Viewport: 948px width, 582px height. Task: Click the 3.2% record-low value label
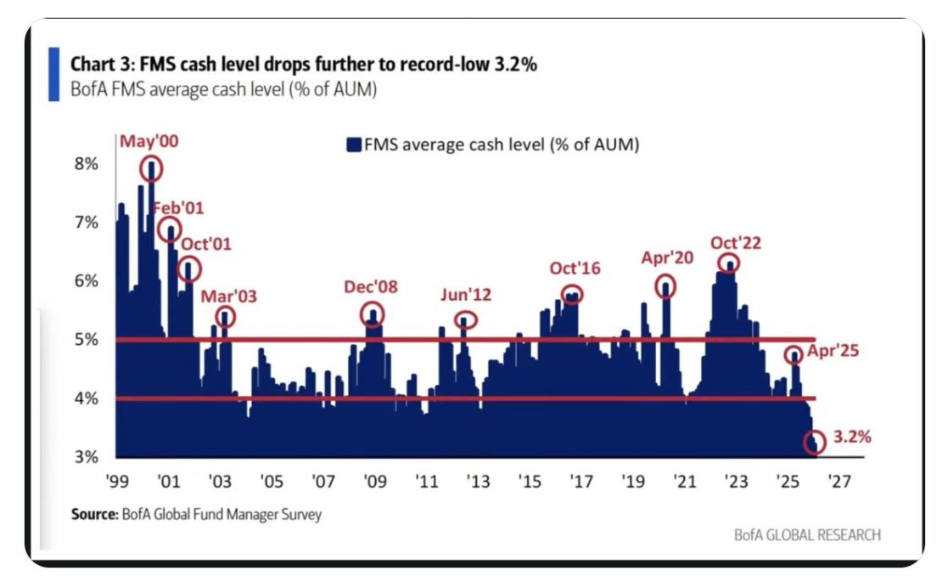tap(851, 438)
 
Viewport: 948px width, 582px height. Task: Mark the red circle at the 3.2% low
tap(815, 443)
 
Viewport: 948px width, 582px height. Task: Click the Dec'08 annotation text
tap(371, 287)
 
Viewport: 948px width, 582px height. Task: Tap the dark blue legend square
tap(353, 145)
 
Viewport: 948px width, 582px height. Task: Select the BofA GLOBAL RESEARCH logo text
tap(807, 534)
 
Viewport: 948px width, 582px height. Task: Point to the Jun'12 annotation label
tap(466, 296)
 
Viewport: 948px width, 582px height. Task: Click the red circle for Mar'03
tap(225, 318)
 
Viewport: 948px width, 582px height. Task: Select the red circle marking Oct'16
tap(575, 294)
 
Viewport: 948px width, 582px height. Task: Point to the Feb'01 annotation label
tap(177, 208)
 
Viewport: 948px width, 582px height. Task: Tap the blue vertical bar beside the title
tap(53, 75)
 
